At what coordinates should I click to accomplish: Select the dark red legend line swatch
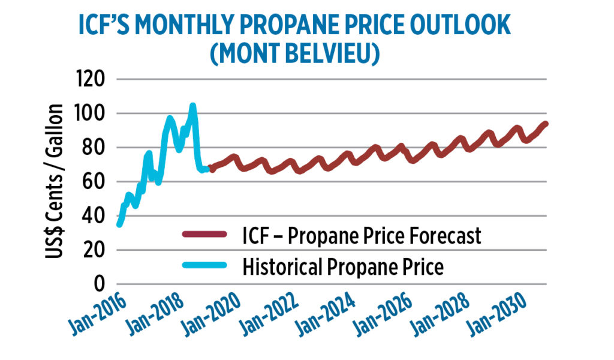click(204, 235)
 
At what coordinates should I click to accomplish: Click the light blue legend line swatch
click(204, 266)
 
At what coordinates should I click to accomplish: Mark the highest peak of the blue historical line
click(192, 106)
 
